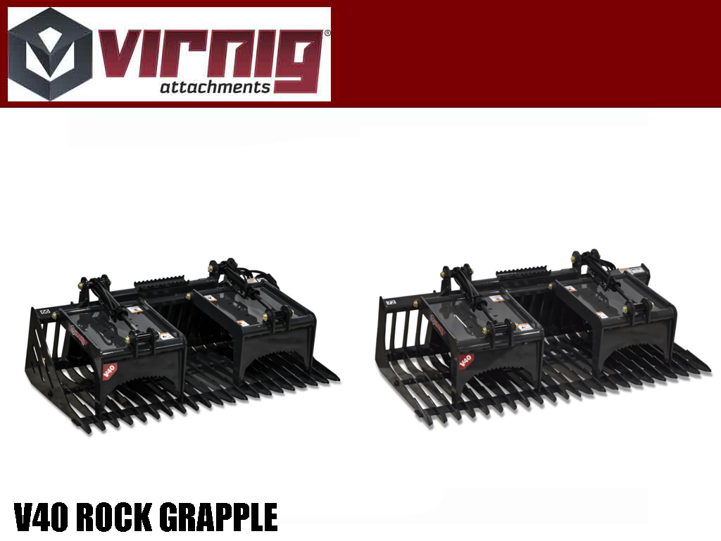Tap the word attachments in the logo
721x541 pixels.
pyautogui.click(x=215, y=87)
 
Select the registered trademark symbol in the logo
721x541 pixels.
pyautogui.click(x=326, y=33)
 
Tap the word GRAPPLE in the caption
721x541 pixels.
pyautogui.click(x=219, y=518)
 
